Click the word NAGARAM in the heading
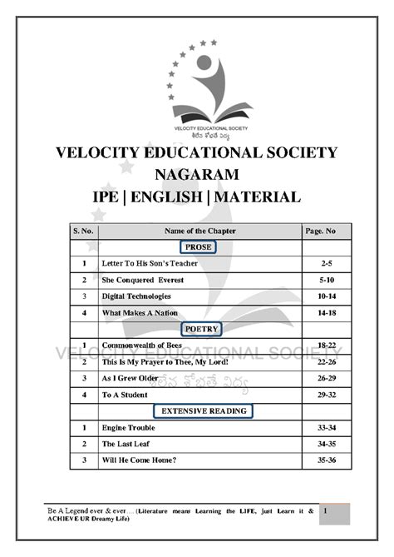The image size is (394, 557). pyautogui.click(x=196, y=174)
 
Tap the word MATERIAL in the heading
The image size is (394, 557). pyautogui.click(x=256, y=196)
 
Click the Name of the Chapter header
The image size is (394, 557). pyautogui.click(x=199, y=230)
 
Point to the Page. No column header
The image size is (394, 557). pyautogui.click(x=325, y=230)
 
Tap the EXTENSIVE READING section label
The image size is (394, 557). pyautogui.click(x=199, y=410)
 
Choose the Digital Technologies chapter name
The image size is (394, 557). pyautogui.click(x=136, y=296)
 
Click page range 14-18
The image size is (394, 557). pyautogui.click(x=325, y=312)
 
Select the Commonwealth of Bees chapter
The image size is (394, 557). pyautogui.click(x=142, y=345)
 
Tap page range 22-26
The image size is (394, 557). pyautogui.click(x=325, y=361)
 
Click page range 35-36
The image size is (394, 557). pyautogui.click(x=325, y=460)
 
